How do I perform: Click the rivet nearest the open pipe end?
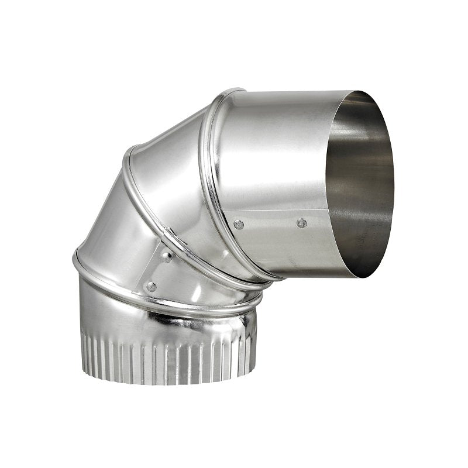[x=301, y=223]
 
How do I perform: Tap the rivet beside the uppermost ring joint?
[x=239, y=224]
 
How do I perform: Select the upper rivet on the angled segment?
[x=167, y=256]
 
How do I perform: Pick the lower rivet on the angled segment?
[x=151, y=287]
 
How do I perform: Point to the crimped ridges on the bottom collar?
[x=170, y=357]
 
